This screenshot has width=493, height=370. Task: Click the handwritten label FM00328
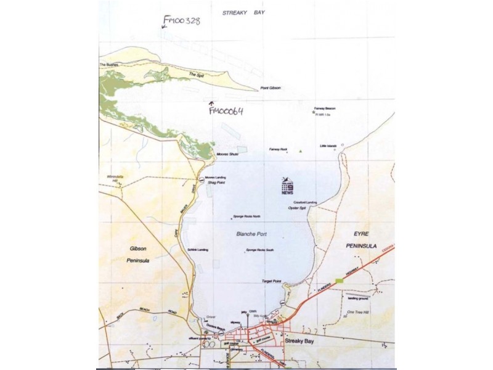click(182, 22)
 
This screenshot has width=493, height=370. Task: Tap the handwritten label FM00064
click(226, 111)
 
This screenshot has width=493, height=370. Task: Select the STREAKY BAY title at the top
click(243, 12)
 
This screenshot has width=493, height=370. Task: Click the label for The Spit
click(196, 75)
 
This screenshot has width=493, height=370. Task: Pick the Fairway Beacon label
click(324, 109)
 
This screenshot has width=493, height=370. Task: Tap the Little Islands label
click(328, 146)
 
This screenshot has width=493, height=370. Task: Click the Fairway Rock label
click(279, 149)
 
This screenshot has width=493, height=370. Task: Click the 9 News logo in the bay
click(288, 187)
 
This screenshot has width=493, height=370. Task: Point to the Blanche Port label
click(250, 234)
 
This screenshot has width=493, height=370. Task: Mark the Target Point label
click(271, 281)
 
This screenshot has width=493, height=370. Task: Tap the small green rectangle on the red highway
click(340, 281)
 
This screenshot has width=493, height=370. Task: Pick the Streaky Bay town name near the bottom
click(300, 340)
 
